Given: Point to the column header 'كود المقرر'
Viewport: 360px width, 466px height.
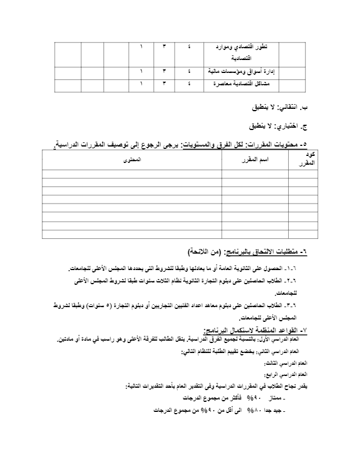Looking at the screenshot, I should coord(304,160).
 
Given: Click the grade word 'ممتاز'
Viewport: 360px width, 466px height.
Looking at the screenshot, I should coord(285,399).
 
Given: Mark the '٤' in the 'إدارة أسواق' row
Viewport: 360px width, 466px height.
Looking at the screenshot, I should coord(189,71).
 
